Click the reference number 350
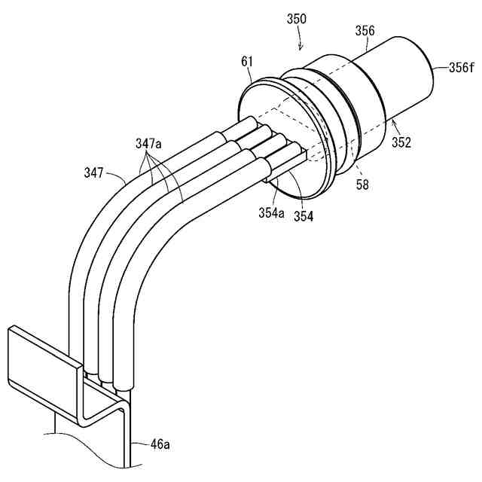[297, 18]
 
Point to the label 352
[401, 141]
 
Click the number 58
[362, 184]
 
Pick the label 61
[248, 59]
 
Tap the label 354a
[271, 214]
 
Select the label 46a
[160, 444]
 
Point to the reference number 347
[96, 173]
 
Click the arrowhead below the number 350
[302, 48]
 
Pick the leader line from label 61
[253, 75]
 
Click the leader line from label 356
[363, 44]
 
